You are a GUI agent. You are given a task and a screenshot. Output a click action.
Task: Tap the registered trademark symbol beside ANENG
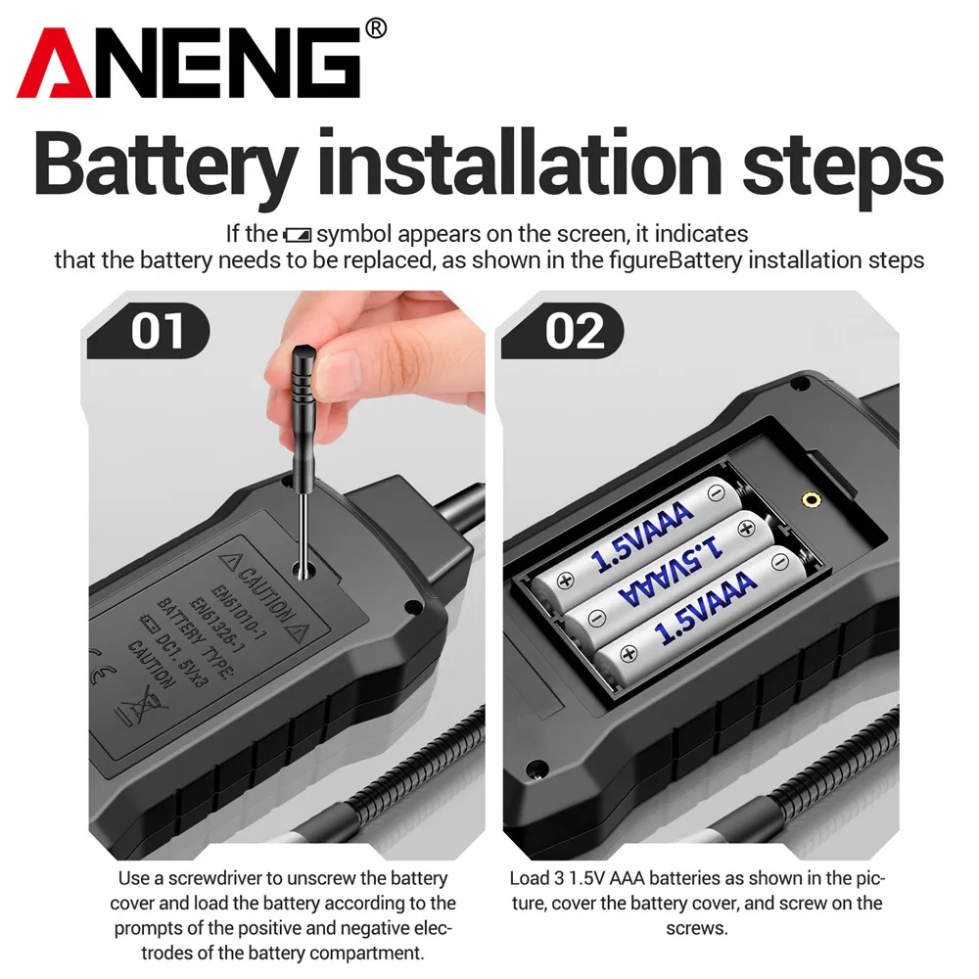(375, 29)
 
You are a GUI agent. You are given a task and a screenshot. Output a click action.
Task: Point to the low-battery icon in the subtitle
(297, 235)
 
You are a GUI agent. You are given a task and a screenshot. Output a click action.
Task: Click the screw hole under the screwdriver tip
(304, 569)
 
